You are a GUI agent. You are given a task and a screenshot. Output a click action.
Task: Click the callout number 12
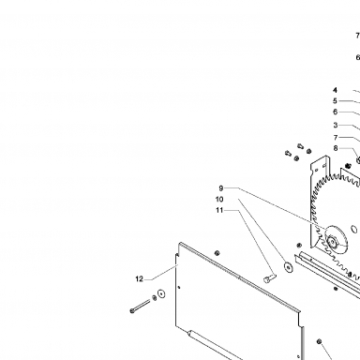pyautogui.click(x=140, y=279)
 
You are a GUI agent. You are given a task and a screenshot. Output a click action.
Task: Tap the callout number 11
pyautogui.click(x=219, y=210)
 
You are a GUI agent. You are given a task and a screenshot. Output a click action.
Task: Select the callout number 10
pyautogui.click(x=219, y=200)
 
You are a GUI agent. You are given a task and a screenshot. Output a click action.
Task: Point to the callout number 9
pyautogui.click(x=221, y=188)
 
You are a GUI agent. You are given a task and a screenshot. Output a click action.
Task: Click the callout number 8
pyautogui.click(x=336, y=148)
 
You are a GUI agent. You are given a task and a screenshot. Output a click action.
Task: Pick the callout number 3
pyautogui.click(x=336, y=126)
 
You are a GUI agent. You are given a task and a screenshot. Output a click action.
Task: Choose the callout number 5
pyautogui.click(x=335, y=101)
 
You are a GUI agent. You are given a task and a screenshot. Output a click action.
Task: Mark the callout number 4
pyautogui.click(x=335, y=90)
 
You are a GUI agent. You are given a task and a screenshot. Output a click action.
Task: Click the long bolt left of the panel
pyautogui.click(x=140, y=306)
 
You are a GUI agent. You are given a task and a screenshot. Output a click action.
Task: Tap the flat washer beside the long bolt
pyautogui.click(x=161, y=293)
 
